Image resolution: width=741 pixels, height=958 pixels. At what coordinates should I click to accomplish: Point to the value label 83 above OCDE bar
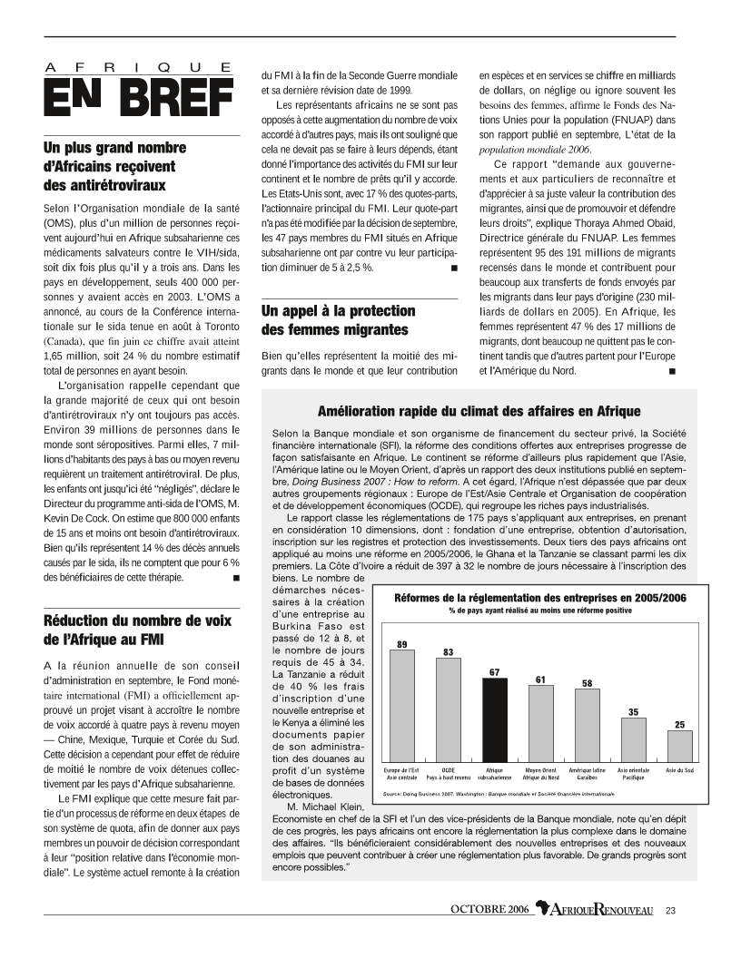[448, 651]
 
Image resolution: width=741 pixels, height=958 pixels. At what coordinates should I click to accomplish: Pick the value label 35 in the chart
[632, 711]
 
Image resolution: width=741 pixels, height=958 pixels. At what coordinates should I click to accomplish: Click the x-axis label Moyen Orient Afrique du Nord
[541, 773]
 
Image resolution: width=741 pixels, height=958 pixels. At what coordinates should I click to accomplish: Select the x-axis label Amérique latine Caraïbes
[588, 773]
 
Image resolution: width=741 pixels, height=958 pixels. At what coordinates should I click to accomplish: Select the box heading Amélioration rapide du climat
[479, 411]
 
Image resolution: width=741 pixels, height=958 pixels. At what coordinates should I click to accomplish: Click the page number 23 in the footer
[670, 910]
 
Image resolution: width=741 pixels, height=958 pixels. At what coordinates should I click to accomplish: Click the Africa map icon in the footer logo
[544, 909]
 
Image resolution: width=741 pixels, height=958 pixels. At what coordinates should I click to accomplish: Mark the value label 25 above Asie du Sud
[679, 725]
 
